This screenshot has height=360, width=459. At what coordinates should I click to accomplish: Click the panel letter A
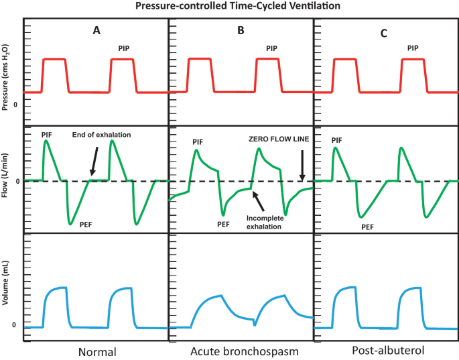(97, 30)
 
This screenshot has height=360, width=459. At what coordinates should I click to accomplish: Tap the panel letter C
(384, 31)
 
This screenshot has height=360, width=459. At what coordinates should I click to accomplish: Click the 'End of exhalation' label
(101, 135)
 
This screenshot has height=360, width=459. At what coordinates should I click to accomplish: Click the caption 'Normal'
(96, 351)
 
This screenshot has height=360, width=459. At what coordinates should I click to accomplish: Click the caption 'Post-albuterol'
(385, 351)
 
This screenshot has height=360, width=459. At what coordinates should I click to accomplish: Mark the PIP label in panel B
(271, 48)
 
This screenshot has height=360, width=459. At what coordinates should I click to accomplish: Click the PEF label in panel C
(367, 227)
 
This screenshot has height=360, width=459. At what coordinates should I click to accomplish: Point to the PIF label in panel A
(46, 135)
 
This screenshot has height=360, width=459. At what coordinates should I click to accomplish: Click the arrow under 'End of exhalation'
(96, 161)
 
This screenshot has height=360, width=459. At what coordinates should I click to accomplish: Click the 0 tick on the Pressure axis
(15, 106)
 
